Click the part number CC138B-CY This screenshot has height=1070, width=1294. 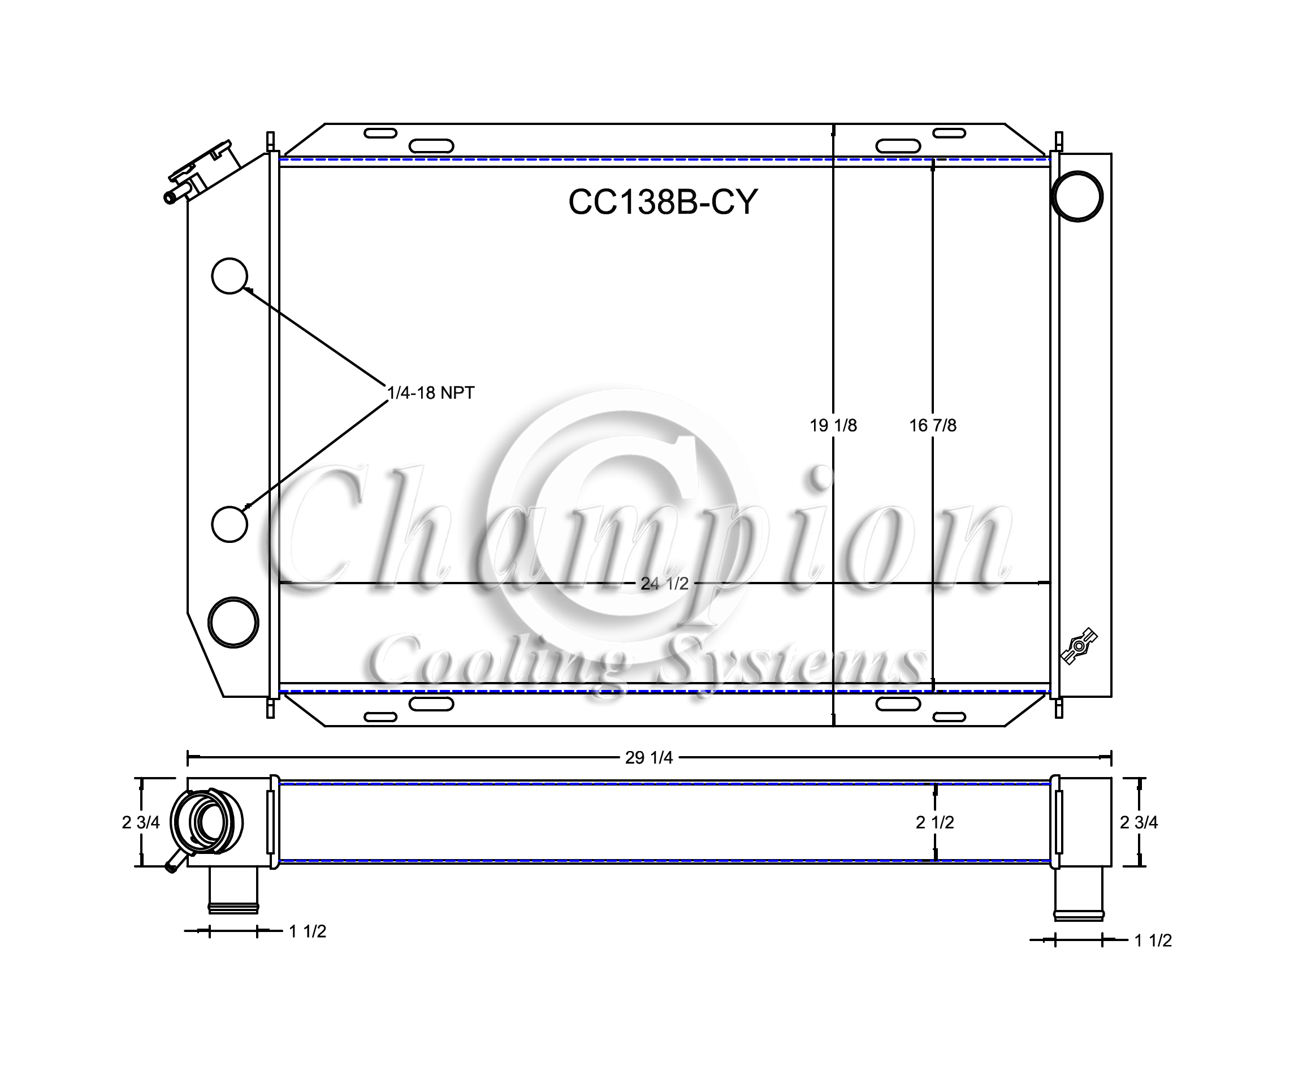click(x=663, y=201)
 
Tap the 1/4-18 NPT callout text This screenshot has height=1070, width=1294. click(x=431, y=392)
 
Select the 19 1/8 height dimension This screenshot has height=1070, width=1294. click(x=833, y=425)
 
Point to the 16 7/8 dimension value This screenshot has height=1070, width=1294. click(x=933, y=425)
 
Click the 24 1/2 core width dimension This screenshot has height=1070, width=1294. click(x=664, y=583)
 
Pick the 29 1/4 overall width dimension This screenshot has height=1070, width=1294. click(x=649, y=757)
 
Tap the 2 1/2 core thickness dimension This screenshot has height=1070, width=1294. click(x=935, y=822)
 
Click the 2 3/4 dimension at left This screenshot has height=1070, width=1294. click(x=141, y=822)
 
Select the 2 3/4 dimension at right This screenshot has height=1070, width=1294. click(x=1139, y=822)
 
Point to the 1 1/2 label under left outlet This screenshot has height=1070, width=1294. click(x=308, y=931)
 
